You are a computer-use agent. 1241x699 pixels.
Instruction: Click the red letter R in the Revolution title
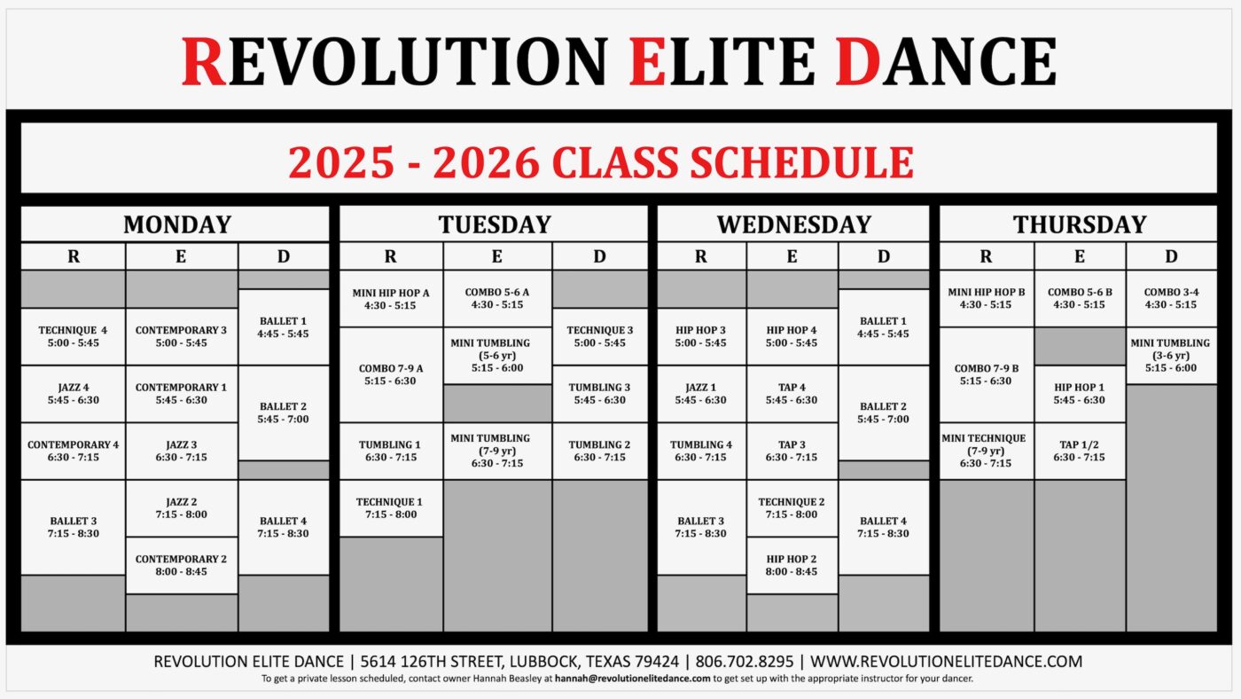203,61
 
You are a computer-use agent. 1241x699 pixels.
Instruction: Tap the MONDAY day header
177,224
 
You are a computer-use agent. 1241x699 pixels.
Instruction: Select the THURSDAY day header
1080,224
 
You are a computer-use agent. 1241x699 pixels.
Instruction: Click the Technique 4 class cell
73,336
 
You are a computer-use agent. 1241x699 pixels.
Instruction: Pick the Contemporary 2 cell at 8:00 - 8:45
182,565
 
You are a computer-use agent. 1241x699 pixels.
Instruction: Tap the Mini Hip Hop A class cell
391,299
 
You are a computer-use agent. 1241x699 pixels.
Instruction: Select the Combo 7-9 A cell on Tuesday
391,374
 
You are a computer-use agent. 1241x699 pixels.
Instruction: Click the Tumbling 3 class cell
599,394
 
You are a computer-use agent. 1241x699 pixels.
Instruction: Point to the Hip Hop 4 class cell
792,336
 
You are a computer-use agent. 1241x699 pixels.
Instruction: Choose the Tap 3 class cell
792,451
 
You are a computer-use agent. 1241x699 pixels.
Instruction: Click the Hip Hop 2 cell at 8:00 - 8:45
792,565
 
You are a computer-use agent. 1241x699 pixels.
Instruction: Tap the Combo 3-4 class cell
1171,298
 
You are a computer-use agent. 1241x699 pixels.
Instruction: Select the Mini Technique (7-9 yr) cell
986,451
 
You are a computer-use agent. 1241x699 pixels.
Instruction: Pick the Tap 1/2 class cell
1080,451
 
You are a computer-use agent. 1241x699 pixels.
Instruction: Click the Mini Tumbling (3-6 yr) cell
1171,356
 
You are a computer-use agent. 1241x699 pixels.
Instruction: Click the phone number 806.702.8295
744,662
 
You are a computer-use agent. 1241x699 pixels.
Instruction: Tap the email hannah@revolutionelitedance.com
632,679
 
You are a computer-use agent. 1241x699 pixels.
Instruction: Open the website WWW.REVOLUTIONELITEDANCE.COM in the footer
947,662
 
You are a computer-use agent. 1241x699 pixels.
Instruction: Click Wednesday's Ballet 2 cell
883,412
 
